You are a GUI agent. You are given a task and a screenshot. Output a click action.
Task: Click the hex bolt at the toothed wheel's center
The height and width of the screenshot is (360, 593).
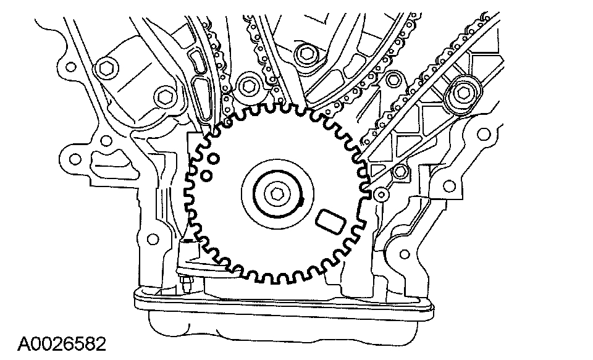tap(276, 193)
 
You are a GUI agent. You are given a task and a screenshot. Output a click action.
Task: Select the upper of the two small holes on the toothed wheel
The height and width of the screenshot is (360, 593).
tap(213, 160)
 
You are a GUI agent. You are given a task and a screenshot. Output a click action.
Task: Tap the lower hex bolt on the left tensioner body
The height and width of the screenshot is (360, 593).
tap(164, 97)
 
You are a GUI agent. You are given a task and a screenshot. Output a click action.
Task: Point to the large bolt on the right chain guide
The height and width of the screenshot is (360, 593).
tap(464, 94)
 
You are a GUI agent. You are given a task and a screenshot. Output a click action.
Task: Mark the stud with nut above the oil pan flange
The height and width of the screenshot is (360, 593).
tap(186, 285)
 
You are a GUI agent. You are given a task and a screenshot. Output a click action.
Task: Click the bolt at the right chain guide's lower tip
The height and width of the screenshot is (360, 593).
tap(400, 172)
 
